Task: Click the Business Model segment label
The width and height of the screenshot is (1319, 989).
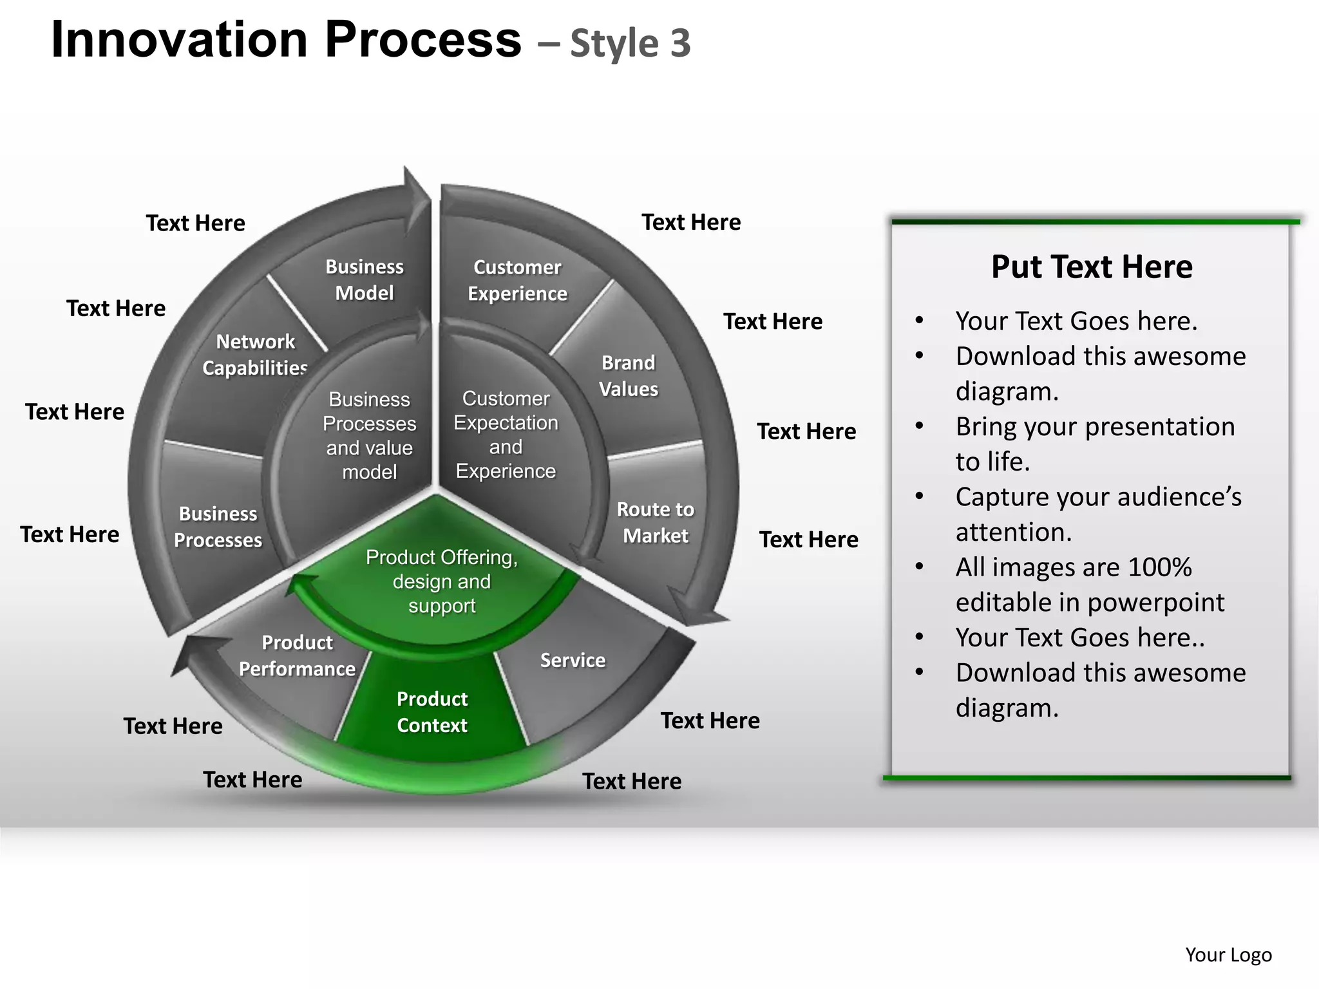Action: [365, 280]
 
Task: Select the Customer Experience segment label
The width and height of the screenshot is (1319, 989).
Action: [517, 281]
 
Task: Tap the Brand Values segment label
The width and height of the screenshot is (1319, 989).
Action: [628, 376]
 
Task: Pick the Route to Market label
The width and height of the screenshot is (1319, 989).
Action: [655, 522]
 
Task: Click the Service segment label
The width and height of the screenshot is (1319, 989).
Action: [573, 660]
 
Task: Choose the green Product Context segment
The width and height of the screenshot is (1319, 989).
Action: [432, 712]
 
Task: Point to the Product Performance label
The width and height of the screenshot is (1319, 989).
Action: [297, 655]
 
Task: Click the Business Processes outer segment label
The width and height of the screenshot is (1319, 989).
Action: [218, 527]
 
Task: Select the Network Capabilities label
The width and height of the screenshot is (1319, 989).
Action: [255, 354]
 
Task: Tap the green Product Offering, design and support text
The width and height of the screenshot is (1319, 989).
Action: [442, 581]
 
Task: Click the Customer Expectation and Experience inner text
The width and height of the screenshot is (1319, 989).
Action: [506, 435]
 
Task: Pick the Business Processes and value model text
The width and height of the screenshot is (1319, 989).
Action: [369, 436]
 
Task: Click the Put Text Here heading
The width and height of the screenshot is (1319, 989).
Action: [1092, 267]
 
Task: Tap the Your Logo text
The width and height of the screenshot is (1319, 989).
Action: [1228, 955]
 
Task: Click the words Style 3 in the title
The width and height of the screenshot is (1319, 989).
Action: [631, 44]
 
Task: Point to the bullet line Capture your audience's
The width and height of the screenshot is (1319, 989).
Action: [1098, 497]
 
